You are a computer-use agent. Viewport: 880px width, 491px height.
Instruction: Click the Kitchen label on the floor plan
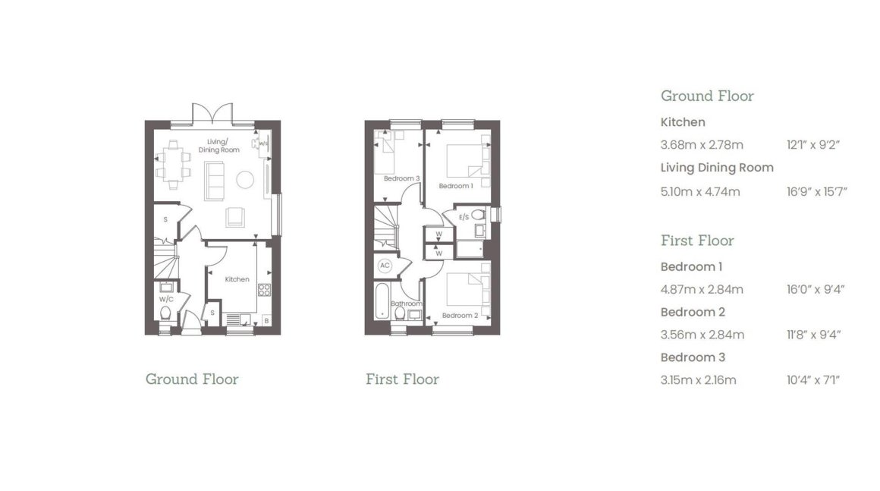click(237, 279)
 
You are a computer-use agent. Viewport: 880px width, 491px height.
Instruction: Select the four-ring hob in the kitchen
click(264, 290)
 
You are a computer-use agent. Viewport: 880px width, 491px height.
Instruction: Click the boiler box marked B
click(266, 321)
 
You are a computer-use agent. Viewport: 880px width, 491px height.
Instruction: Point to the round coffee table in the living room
click(245, 180)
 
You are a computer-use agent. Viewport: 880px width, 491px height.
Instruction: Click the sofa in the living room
click(214, 181)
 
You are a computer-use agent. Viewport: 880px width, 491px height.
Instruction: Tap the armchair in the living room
click(235, 217)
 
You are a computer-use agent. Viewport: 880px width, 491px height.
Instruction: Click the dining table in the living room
click(173, 165)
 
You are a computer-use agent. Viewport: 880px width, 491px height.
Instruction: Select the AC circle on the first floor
click(385, 266)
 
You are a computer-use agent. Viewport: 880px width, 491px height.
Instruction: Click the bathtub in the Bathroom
click(382, 301)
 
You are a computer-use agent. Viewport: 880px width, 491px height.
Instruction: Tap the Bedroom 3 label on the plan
click(402, 178)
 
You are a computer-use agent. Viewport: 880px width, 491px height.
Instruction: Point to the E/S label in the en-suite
click(464, 217)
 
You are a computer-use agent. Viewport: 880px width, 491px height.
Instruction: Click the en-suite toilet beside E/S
click(478, 214)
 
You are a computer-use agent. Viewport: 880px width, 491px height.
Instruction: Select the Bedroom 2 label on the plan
click(460, 316)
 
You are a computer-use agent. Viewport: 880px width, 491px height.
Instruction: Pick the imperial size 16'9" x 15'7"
click(816, 192)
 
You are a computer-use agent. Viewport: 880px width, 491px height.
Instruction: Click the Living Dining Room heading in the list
click(717, 168)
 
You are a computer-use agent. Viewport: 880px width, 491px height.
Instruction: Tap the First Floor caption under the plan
click(402, 379)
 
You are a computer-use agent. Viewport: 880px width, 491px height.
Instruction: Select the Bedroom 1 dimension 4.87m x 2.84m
click(702, 290)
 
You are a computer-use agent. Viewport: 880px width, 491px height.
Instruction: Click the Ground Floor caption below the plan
click(192, 379)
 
